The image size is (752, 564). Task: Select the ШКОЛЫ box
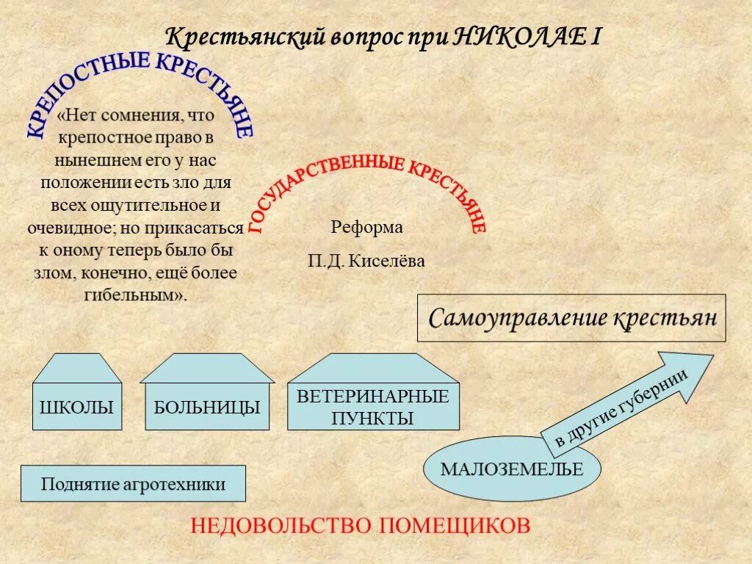point(76,406)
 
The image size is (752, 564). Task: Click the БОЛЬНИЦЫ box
point(207,406)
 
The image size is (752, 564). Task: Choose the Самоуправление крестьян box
point(571,319)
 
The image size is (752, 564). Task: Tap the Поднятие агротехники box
point(133,484)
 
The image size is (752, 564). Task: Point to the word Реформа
point(366,228)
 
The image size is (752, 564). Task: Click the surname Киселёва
point(386,261)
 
